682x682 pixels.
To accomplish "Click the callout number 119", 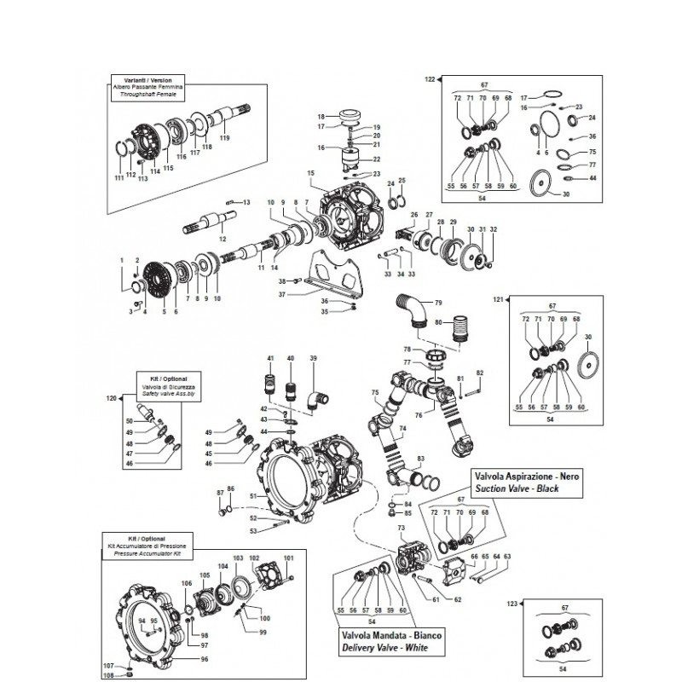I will click(225, 137).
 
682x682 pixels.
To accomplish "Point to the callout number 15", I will click(311, 173).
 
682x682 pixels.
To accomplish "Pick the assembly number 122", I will click(430, 78).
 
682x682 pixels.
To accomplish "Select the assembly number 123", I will click(512, 603).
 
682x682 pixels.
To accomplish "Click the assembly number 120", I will click(110, 398).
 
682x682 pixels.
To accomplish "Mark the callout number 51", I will click(252, 495).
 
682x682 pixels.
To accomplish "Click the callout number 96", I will click(205, 659).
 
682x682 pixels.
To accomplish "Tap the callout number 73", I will click(401, 529).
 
